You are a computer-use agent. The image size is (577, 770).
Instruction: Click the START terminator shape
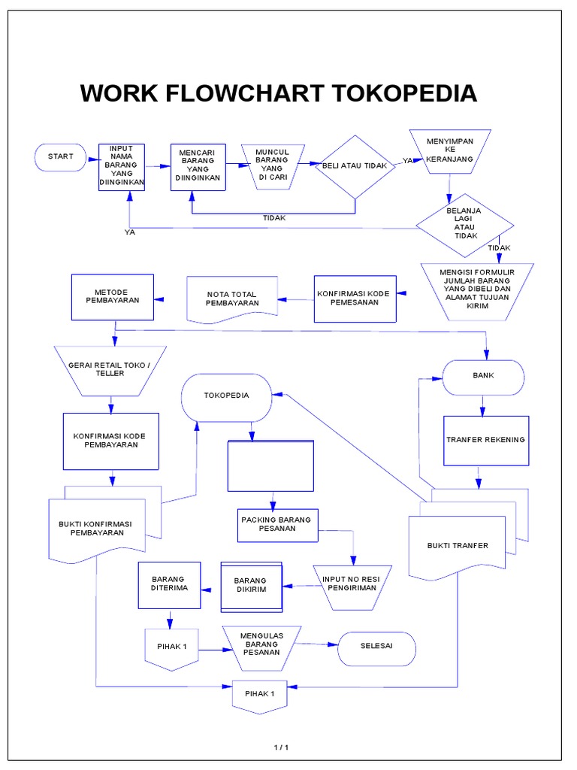pos(60,156)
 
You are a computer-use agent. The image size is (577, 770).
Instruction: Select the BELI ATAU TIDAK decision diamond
pos(355,166)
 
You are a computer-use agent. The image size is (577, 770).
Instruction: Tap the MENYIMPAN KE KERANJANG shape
pos(449,150)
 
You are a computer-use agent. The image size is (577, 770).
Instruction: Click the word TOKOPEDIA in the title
pos(405,94)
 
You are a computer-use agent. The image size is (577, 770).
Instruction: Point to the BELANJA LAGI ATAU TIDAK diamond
pos(466,223)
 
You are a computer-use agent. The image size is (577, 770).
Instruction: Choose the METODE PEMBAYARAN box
pos(112,298)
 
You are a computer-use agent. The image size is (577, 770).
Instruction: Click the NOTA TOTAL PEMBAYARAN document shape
pos(231,299)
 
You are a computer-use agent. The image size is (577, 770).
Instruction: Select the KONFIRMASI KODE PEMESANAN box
pos(354,299)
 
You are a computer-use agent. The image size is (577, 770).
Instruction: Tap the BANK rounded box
pos(483,377)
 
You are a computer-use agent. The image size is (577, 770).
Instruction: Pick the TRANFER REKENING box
pos(486,440)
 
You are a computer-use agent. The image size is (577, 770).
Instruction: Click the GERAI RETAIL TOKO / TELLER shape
pos(111,369)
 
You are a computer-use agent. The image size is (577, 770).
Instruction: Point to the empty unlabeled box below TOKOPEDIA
pos(270,465)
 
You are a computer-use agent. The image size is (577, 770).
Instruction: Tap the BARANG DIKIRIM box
pos(251,586)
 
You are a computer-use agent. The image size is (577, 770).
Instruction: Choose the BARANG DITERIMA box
pos(170,584)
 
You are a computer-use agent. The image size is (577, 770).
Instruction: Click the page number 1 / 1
pos(280,747)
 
